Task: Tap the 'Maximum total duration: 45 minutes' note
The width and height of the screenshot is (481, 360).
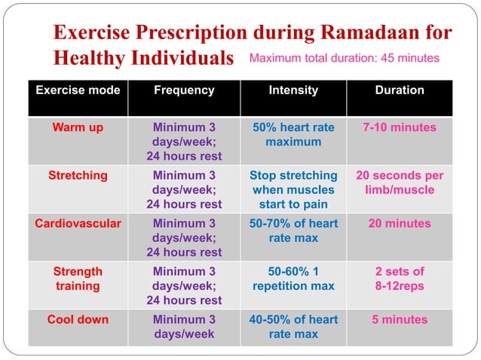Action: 344,58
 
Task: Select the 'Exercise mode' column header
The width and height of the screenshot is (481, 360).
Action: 78,90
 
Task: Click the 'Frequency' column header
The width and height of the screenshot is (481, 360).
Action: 184,90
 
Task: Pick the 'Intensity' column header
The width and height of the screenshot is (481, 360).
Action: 293,90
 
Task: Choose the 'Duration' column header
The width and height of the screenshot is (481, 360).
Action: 399,90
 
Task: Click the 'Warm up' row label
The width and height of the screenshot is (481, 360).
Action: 78,127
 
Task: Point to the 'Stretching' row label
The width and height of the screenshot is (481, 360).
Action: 78,175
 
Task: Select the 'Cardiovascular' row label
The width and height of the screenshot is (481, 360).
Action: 78,224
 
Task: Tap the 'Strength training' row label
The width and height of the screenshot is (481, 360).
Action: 78,279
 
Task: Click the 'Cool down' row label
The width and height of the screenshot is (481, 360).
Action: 78,319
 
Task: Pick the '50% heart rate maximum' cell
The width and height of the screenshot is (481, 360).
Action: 293,135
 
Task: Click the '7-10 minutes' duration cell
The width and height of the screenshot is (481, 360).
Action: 399,127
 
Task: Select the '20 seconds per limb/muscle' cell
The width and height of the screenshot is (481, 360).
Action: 399,183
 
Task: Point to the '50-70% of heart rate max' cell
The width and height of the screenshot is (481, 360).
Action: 293,230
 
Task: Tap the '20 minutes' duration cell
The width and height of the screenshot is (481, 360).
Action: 399,224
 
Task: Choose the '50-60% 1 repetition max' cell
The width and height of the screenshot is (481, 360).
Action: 293,279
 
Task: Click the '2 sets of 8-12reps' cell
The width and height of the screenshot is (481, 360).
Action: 399,279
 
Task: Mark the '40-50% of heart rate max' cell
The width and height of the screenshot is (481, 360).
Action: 293,327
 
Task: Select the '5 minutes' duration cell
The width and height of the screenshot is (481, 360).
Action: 399,319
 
